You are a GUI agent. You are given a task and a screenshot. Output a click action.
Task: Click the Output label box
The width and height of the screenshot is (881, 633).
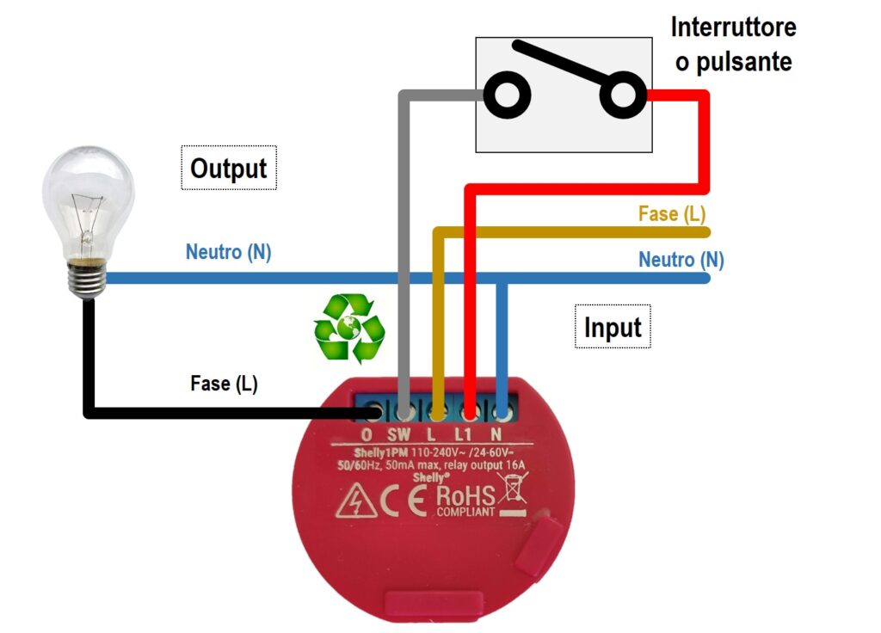(x=229, y=168)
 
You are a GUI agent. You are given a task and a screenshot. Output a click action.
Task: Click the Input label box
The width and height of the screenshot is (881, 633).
(x=613, y=326)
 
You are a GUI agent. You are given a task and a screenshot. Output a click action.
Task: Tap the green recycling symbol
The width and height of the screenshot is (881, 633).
(x=349, y=328)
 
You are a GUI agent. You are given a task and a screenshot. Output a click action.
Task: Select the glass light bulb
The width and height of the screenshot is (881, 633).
(x=89, y=221)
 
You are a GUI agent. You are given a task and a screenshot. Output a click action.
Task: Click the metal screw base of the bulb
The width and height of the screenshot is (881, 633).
(x=87, y=279)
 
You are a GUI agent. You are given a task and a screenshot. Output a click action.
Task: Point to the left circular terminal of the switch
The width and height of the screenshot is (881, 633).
(x=508, y=95)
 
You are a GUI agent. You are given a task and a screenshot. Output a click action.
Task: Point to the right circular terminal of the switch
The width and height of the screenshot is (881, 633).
(x=623, y=95)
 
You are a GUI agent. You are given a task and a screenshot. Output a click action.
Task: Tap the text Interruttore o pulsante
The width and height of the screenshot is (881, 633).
(x=733, y=45)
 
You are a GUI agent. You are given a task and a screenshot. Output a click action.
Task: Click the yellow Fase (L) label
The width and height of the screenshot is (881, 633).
(x=672, y=213)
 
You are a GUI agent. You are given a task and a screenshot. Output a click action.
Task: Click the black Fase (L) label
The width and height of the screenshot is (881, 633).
(x=225, y=384)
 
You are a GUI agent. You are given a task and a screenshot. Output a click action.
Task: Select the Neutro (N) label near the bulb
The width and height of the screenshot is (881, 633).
(x=228, y=252)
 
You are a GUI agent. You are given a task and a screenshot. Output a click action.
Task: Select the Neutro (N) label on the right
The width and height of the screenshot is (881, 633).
(x=681, y=260)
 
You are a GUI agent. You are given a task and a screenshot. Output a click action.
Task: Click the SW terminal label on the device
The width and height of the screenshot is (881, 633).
(x=398, y=434)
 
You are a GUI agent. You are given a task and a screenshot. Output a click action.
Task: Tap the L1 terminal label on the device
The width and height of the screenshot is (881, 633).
(x=463, y=434)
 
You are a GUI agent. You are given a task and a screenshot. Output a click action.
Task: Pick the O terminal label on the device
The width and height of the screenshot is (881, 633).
(x=367, y=434)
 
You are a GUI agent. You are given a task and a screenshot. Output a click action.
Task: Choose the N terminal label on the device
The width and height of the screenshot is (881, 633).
(x=496, y=434)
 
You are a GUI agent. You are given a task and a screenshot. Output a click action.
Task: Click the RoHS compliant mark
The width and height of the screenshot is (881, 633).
(x=465, y=501)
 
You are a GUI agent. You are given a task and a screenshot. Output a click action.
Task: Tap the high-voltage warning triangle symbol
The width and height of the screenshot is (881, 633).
(x=356, y=501)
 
